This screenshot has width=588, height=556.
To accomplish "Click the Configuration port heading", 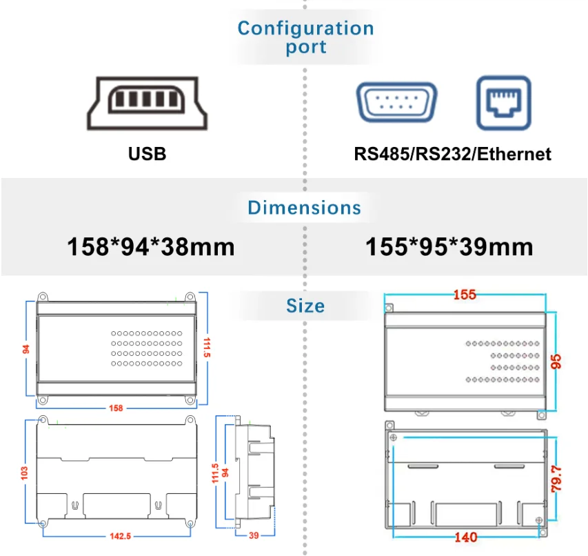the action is (305, 37).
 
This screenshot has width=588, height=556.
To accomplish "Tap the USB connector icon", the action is (147, 103).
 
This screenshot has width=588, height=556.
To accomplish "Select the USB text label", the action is (147, 154).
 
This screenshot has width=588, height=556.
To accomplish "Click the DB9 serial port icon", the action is (397, 102).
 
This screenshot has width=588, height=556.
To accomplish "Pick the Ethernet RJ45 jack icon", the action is (504, 103).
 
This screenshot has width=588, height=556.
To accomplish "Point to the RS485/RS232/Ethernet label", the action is (452, 154).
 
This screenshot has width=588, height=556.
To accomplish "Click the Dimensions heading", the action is (304, 208).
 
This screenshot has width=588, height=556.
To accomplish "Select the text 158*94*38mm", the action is (151, 246).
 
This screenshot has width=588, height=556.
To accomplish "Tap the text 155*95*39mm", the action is (449, 246).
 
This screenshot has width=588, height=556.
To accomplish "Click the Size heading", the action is (305, 306).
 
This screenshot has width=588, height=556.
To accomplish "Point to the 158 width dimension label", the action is (116, 408).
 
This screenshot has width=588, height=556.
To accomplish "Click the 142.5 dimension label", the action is (121, 536).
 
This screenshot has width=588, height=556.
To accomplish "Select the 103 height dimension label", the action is (24, 473).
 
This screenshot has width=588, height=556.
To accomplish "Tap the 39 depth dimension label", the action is (254, 535).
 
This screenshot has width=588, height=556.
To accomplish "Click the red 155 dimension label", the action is (465, 295).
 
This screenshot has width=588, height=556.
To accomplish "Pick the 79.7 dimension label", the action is (556, 479).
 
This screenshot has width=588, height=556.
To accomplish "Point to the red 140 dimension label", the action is (466, 537).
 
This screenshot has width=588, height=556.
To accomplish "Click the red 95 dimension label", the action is (556, 361).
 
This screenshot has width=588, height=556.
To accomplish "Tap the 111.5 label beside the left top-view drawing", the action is (207, 347).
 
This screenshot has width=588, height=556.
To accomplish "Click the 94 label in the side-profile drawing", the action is (225, 473).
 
